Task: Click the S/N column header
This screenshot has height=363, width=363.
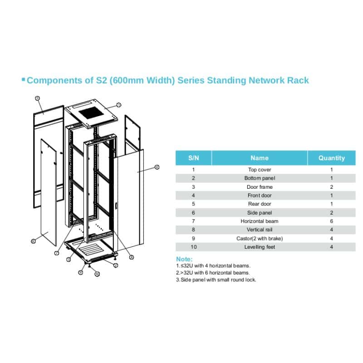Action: tap(193, 158)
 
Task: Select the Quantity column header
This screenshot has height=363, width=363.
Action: tap(331, 158)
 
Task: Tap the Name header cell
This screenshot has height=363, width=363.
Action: tap(259, 158)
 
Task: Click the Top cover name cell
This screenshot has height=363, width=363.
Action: tap(259, 170)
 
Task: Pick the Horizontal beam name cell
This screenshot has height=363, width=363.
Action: tap(259, 221)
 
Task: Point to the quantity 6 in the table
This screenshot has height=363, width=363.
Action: tap(331, 221)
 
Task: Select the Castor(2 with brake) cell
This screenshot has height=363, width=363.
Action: tap(259, 238)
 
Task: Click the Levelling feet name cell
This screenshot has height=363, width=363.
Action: tap(259, 247)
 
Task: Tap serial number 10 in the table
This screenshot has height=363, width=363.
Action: tap(193, 247)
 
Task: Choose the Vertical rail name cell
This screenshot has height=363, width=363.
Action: tap(259, 230)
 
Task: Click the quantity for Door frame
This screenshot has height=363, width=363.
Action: tap(331, 186)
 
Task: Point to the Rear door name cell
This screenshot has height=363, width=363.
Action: tap(259, 204)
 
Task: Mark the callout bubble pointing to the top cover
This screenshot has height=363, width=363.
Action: tap(118, 104)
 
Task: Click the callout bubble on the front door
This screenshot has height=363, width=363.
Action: tap(157, 167)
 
